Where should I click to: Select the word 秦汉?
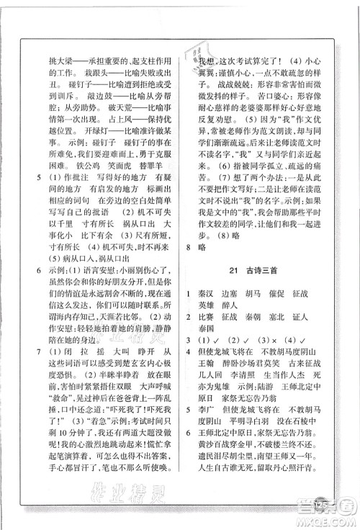point(215,294)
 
